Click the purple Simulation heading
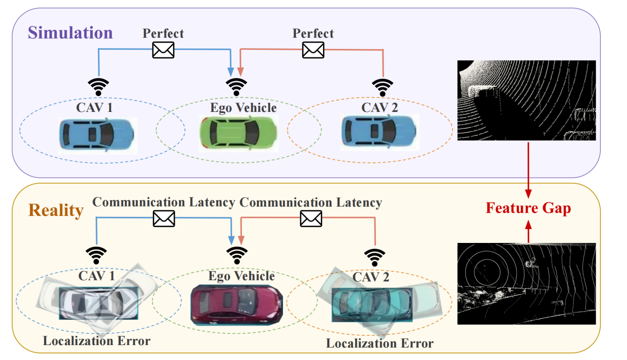[x=70, y=33]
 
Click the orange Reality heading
[x=56, y=210]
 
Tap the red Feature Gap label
[x=528, y=208]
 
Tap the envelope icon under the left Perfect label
[x=163, y=50]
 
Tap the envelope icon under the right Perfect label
[x=313, y=49]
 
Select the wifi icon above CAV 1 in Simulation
[x=99, y=87]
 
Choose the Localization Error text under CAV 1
[x=97, y=341]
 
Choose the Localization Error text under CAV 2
[x=379, y=344]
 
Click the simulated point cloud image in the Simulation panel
[x=526, y=100]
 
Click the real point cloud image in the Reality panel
[x=526, y=283]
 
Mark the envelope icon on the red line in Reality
[x=311, y=217]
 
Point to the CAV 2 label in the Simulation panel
[x=379, y=107]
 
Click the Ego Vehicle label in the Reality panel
[x=241, y=276]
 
